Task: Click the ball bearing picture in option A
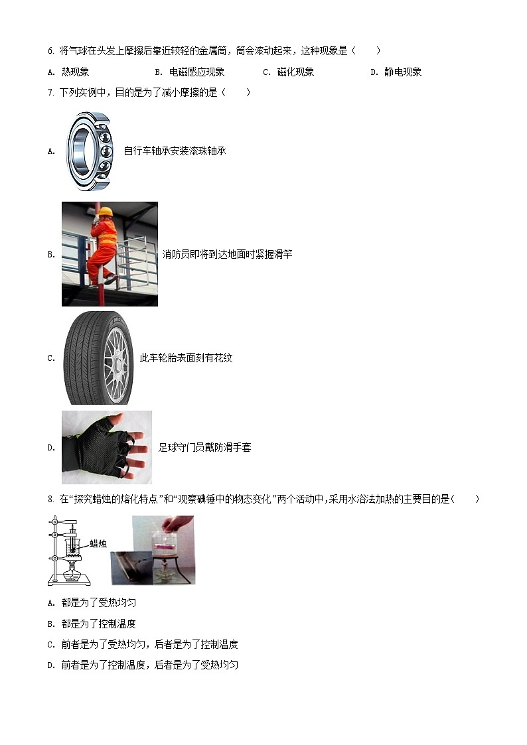coord(90,151)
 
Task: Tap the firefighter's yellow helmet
coord(105,212)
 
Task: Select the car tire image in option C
coord(98,358)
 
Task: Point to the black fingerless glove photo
coord(106,447)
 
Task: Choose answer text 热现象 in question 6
coord(75,72)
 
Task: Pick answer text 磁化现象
coord(295,72)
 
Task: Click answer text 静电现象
coord(403,72)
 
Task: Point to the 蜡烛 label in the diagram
coord(98,543)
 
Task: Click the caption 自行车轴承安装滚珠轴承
coord(175,151)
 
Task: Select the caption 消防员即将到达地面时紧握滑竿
coord(227,253)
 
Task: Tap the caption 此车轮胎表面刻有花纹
coord(186,358)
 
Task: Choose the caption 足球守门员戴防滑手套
coord(204,447)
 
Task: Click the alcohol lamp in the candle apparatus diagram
coord(72,569)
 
